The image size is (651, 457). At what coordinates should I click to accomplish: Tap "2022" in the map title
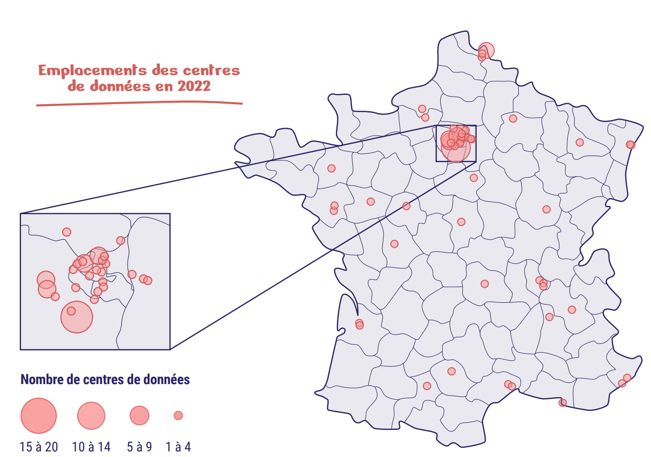pos(194,86)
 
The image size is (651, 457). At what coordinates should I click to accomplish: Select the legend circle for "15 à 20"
pos(39,415)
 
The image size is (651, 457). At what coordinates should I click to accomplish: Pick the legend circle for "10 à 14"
pos(91,415)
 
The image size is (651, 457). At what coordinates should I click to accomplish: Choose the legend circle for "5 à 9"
pos(139,415)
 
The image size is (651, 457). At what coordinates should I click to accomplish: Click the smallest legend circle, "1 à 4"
pos(178,415)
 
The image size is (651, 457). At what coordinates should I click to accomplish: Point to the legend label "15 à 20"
pos(39,447)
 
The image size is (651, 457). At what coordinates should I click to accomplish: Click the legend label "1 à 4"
pos(178,447)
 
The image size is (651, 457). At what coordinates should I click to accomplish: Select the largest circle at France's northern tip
pos(486,50)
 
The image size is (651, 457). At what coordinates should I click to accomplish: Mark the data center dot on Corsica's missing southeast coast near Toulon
pos(563,402)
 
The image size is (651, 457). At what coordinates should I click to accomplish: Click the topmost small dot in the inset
pos(67,232)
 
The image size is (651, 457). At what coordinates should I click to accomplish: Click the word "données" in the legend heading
pos(166,379)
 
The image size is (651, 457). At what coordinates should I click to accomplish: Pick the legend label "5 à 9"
pos(139,447)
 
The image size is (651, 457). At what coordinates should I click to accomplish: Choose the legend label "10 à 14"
pos(91,447)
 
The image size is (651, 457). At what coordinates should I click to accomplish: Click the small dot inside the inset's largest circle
pos(71,311)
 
